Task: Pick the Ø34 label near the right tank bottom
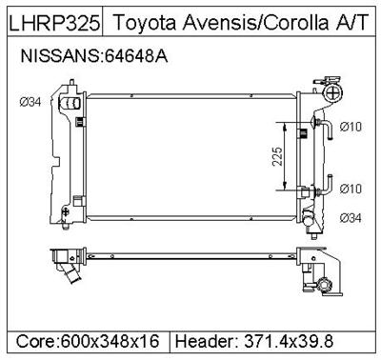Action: (351, 218)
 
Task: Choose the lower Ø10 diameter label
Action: (351, 188)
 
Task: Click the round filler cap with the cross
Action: (332, 91)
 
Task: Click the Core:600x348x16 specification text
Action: (90, 340)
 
